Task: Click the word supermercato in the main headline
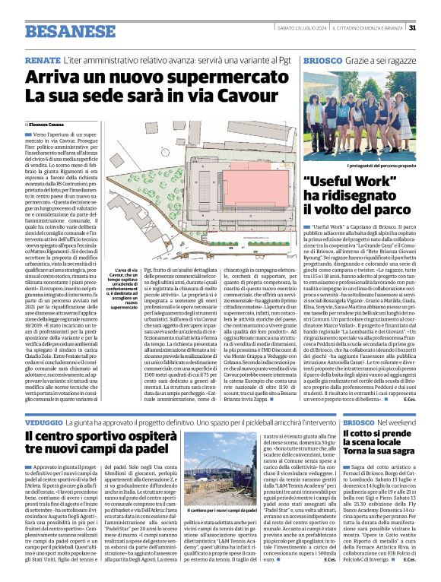(x=214, y=77)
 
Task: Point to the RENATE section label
(x=43, y=59)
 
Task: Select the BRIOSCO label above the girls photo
(x=321, y=59)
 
